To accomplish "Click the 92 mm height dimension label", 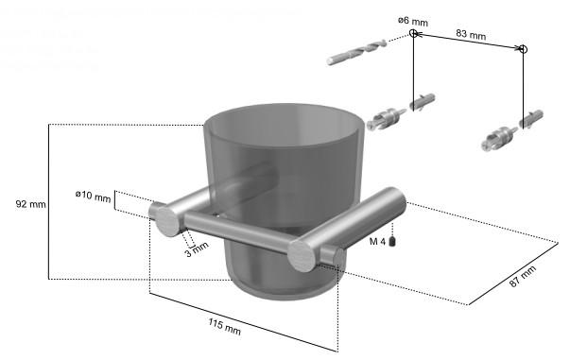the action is point(31,204).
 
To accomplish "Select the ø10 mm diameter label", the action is point(93,196).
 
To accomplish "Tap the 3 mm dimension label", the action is point(197,249).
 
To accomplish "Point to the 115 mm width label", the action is point(224,326).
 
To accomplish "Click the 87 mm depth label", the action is point(523,277).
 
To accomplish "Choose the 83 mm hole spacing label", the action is point(471,34).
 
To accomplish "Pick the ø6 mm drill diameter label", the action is point(412,21).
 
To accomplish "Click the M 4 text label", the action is point(377,242).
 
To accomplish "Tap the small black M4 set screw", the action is point(392,241).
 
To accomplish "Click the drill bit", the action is point(356,52).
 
